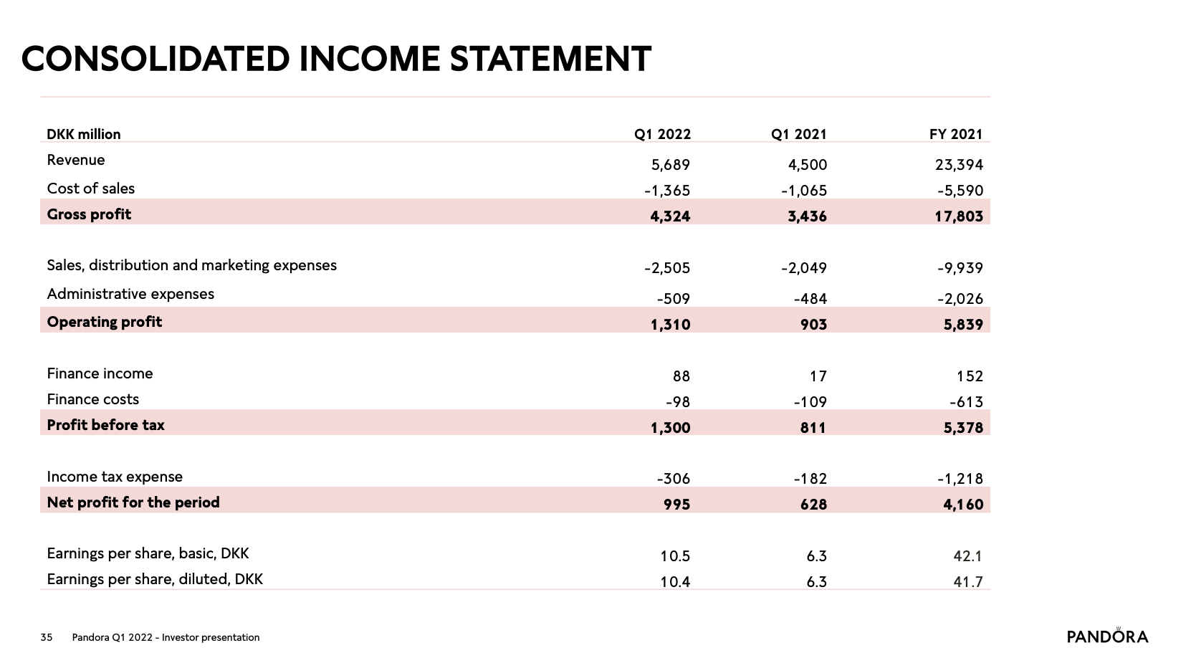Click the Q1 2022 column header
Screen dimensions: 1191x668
[x=662, y=134]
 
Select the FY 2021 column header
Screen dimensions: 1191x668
[x=955, y=134]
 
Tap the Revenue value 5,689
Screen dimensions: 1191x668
[x=671, y=165]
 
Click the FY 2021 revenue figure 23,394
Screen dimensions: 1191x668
[x=960, y=165]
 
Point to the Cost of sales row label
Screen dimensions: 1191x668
[x=90, y=189]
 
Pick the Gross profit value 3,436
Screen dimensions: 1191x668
[x=807, y=216]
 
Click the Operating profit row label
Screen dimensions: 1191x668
[x=104, y=322]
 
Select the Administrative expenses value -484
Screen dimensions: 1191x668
[x=810, y=299]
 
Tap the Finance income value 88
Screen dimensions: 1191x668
[x=681, y=376]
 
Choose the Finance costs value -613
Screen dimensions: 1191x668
[x=966, y=402]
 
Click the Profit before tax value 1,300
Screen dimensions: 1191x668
[x=671, y=428]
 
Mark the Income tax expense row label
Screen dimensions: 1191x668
[x=115, y=477]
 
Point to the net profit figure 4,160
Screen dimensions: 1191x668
[x=963, y=504]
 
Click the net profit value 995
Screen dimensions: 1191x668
[x=677, y=504]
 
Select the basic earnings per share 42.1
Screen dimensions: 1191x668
[x=967, y=556]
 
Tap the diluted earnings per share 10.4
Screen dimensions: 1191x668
[x=675, y=582]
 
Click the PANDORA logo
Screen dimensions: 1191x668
[x=1108, y=636]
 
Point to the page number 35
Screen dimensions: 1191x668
[x=47, y=637]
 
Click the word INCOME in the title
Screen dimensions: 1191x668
[x=370, y=59]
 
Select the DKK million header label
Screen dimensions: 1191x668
[x=83, y=134]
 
